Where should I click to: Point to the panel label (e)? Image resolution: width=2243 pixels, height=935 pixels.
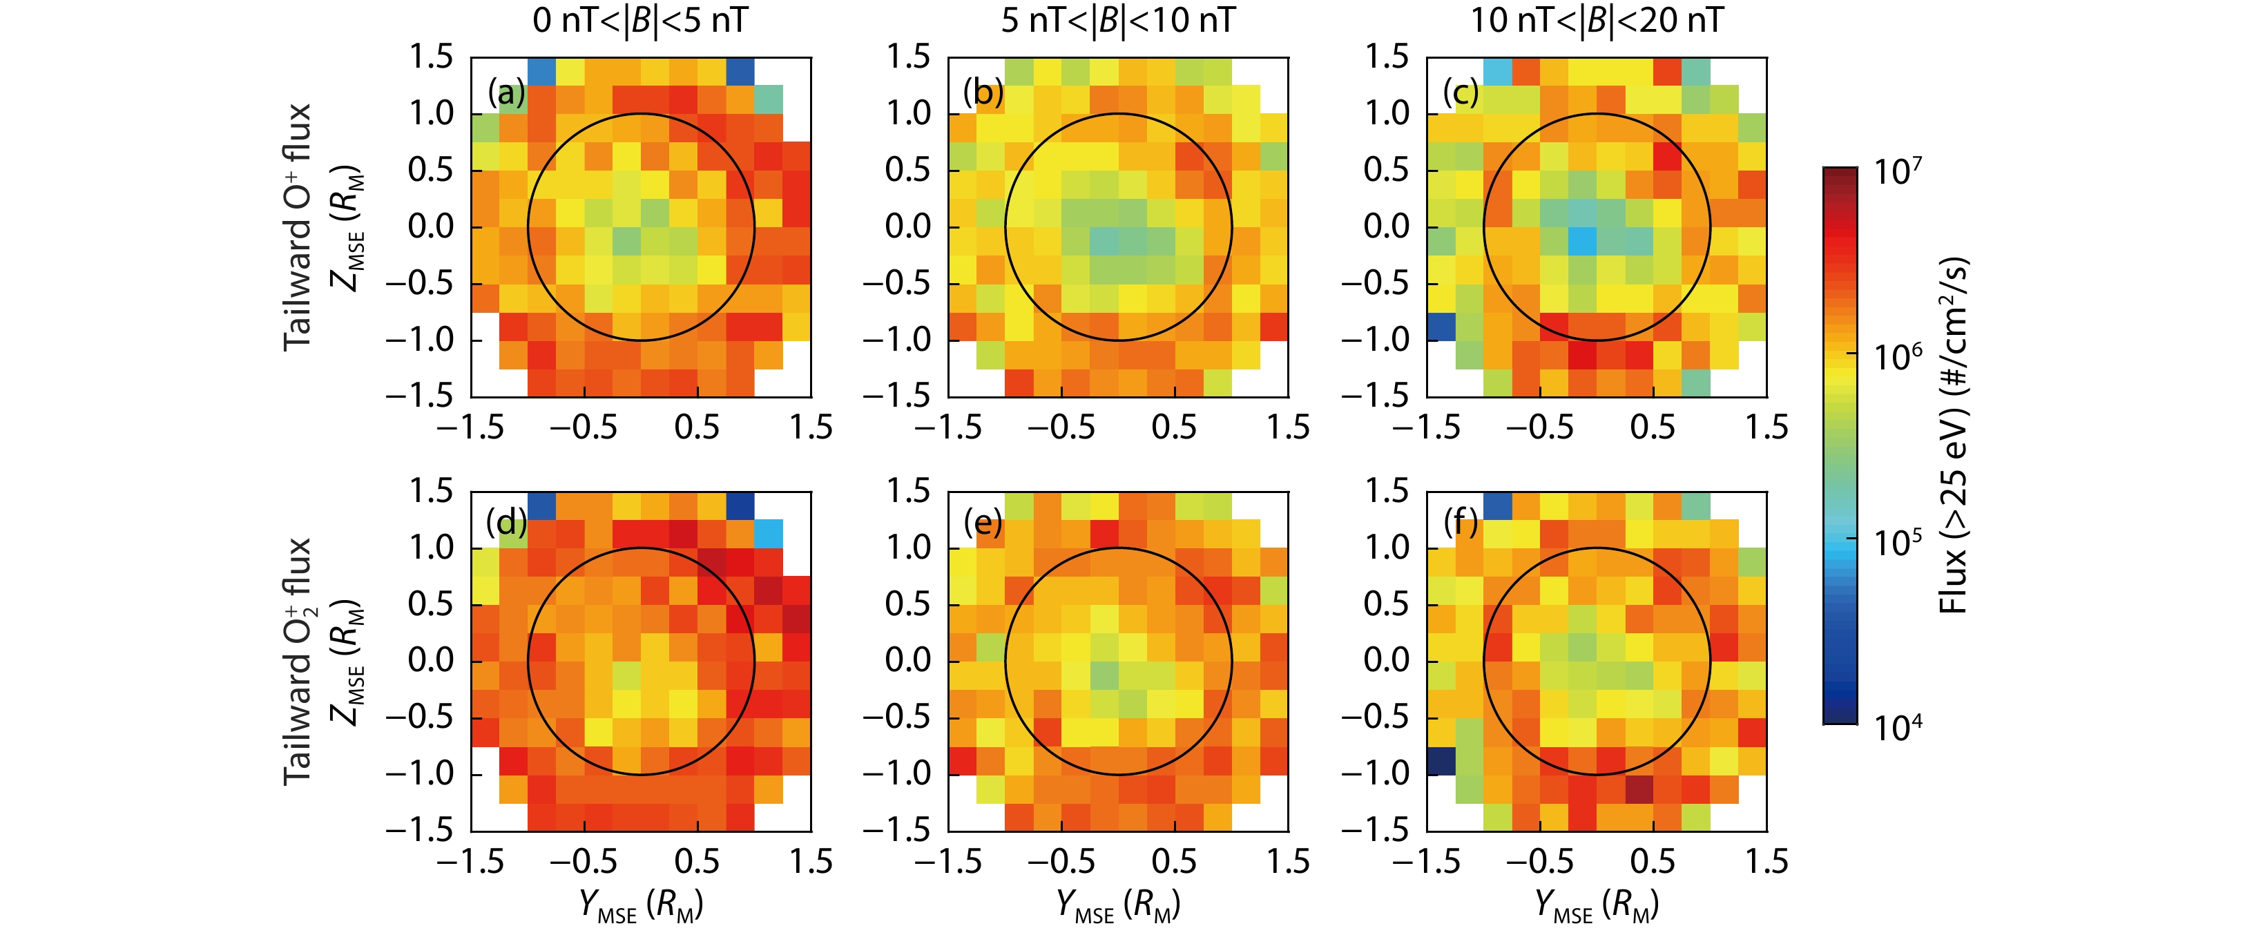(983, 523)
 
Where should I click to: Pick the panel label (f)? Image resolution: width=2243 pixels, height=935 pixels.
(1460, 523)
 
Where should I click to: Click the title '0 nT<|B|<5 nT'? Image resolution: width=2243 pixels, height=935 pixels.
(640, 20)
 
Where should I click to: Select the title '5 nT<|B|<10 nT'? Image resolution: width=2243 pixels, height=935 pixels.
(1117, 20)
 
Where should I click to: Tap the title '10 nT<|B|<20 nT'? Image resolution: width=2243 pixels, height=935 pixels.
(1596, 20)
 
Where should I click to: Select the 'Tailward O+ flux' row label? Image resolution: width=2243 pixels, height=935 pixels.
(297, 227)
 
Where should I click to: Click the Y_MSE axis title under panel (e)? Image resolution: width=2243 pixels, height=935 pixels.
(1117, 905)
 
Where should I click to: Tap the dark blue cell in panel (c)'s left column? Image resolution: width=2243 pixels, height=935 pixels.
(1441, 327)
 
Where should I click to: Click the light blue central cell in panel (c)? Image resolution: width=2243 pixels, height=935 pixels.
(1583, 241)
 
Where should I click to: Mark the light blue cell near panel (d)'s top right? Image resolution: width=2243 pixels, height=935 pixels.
(768, 534)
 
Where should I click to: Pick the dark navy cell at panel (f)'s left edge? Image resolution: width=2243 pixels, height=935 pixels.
(1441, 761)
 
